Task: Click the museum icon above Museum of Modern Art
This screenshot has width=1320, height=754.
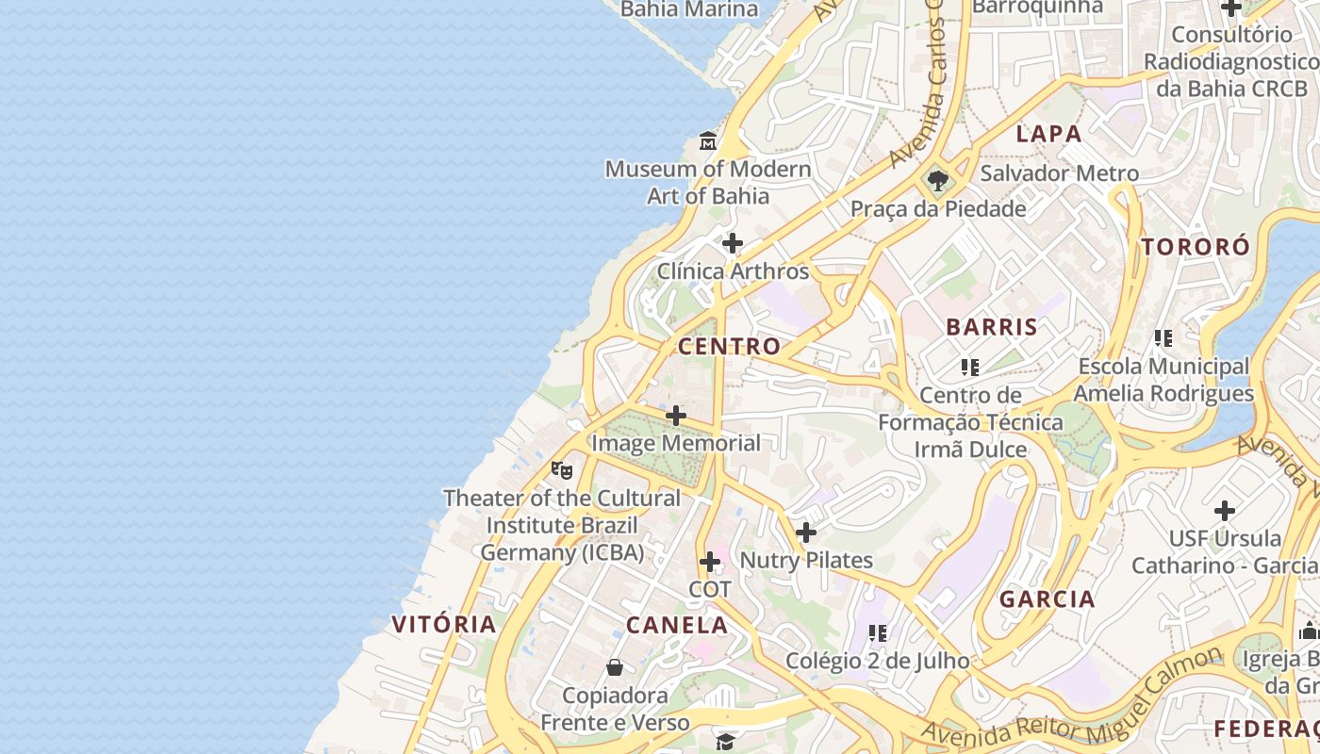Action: coord(708,142)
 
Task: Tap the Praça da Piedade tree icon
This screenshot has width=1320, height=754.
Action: coord(937,181)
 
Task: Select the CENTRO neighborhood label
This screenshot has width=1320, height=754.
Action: coord(729,346)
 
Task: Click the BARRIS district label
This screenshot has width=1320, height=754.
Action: coord(992,327)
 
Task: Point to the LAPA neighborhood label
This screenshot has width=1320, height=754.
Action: coord(1048,134)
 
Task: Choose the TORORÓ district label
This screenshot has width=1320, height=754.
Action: coord(1196,247)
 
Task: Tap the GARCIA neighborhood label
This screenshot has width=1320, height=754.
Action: coord(1048,598)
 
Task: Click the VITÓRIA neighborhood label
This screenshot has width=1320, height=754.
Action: coord(444,624)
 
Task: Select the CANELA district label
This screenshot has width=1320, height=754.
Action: coord(677,625)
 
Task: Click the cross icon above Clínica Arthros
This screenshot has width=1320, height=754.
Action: coord(733,244)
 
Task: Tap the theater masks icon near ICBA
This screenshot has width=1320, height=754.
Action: coord(562,469)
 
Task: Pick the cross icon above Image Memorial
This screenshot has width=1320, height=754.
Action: coord(676,416)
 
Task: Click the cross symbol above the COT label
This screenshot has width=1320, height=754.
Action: coord(710,563)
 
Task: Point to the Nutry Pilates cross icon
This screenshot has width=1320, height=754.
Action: coord(806,533)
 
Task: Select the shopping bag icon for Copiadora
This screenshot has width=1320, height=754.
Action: coord(615,668)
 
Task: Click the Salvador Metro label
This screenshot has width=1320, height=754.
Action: coord(1059,173)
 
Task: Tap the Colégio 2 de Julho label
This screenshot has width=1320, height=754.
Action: coord(877,661)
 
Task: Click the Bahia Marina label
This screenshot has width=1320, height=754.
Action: coord(689,9)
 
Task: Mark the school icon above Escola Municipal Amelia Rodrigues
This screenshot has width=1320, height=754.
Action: coord(1163,337)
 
